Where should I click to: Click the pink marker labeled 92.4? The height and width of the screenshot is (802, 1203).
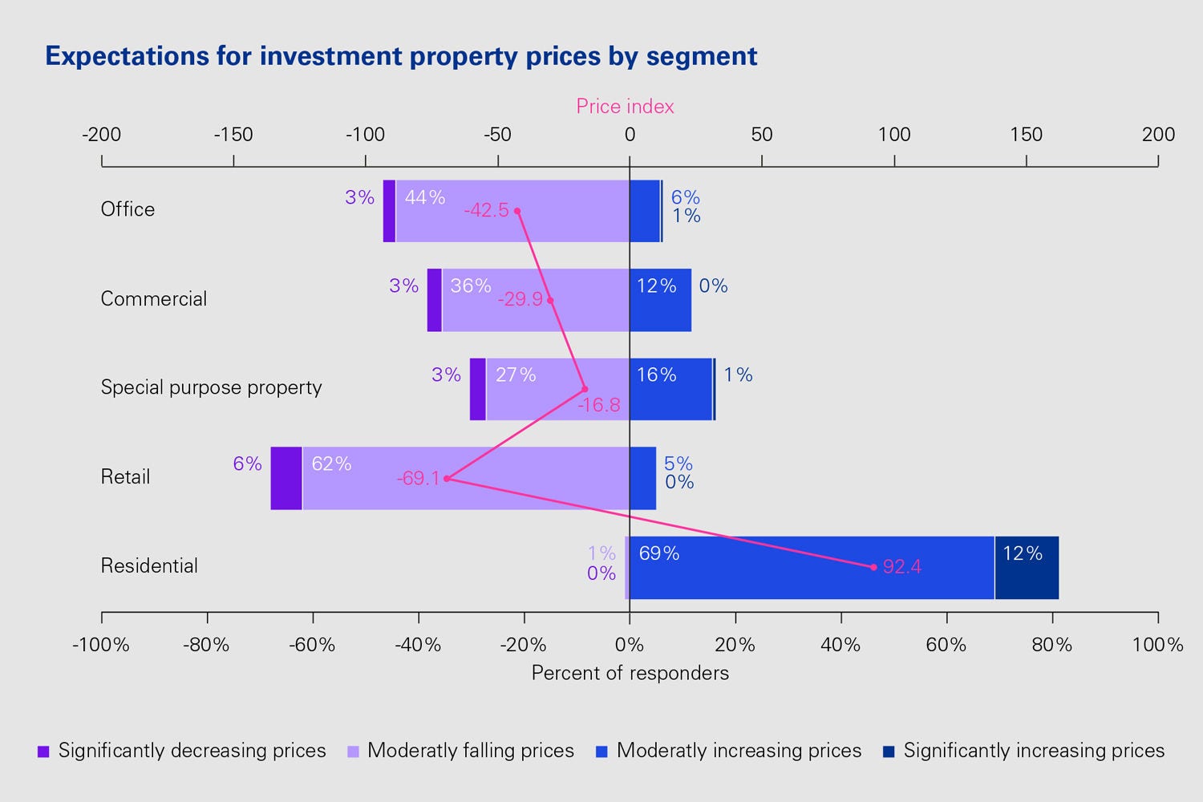pos(873,567)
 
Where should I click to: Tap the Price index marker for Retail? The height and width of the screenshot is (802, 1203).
pos(447,479)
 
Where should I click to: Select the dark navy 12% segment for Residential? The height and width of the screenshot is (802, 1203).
pos(1027,567)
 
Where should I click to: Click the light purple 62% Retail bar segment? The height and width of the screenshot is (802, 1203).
pos(465,478)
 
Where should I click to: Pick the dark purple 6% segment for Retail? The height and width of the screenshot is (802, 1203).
pos(286,478)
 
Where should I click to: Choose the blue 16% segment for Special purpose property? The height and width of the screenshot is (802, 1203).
pos(670,389)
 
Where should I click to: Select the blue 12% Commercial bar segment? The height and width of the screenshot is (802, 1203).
pos(660,300)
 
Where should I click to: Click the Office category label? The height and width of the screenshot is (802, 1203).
pos(128,209)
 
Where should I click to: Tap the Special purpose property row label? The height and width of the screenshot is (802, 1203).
pos(211,387)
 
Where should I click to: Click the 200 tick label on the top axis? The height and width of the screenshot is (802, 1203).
pos(1158,135)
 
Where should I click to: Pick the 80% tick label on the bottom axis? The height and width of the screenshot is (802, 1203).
pos(1051,645)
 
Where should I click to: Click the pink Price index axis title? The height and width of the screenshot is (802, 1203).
pos(625,107)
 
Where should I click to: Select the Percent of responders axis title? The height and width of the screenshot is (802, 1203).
pos(630,673)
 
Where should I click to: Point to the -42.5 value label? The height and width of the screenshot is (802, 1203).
pos(486,210)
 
